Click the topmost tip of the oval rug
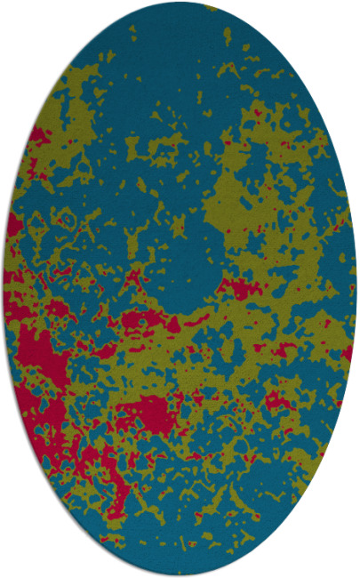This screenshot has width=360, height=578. tap(180, 3)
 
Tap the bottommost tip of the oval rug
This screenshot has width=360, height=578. tap(180, 575)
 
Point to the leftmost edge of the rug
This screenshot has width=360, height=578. tap(4, 289)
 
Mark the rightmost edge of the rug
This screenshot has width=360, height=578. tap(356, 289)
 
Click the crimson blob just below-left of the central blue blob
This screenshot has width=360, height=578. tap(142, 318)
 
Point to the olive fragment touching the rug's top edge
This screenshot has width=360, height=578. tap(211, 7)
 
